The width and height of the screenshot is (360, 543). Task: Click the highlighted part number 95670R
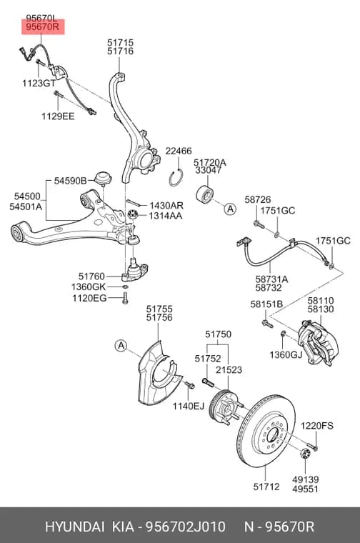tap(43, 26)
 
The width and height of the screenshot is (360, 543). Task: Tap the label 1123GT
tap(39, 83)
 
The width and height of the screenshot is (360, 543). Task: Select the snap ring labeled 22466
tap(177, 177)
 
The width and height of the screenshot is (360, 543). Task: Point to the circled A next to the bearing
tap(230, 209)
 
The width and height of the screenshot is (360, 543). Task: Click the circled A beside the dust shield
tap(121, 345)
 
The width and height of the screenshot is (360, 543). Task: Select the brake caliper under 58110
tap(319, 342)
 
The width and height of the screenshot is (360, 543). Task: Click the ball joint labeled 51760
tap(135, 270)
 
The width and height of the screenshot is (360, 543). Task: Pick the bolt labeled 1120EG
tap(125, 298)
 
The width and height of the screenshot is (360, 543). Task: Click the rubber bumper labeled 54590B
tap(103, 178)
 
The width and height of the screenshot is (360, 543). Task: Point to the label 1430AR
tap(166, 206)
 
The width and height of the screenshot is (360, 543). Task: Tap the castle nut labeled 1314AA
tap(133, 215)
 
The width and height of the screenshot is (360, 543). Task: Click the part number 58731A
tap(271, 279)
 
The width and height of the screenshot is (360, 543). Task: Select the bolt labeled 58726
tap(259, 224)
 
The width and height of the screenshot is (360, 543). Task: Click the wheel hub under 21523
tap(224, 407)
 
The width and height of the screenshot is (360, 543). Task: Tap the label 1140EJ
tap(189, 406)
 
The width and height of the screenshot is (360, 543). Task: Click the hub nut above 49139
tap(304, 453)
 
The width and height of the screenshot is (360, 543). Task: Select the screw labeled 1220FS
tap(312, 446)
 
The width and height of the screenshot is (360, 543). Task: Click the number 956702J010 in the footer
tap(186, 527)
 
